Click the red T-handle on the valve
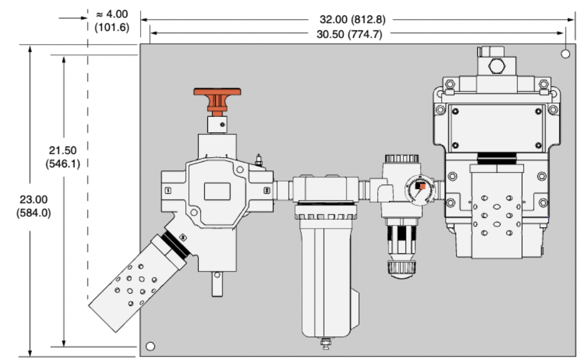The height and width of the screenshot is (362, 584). click(x=218, y=95)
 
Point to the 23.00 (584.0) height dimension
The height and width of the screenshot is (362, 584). click(x=34, y=206)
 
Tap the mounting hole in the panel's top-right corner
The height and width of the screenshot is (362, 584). click(x=566, y=54)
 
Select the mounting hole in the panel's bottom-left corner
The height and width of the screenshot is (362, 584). click(x=150, y=347)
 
